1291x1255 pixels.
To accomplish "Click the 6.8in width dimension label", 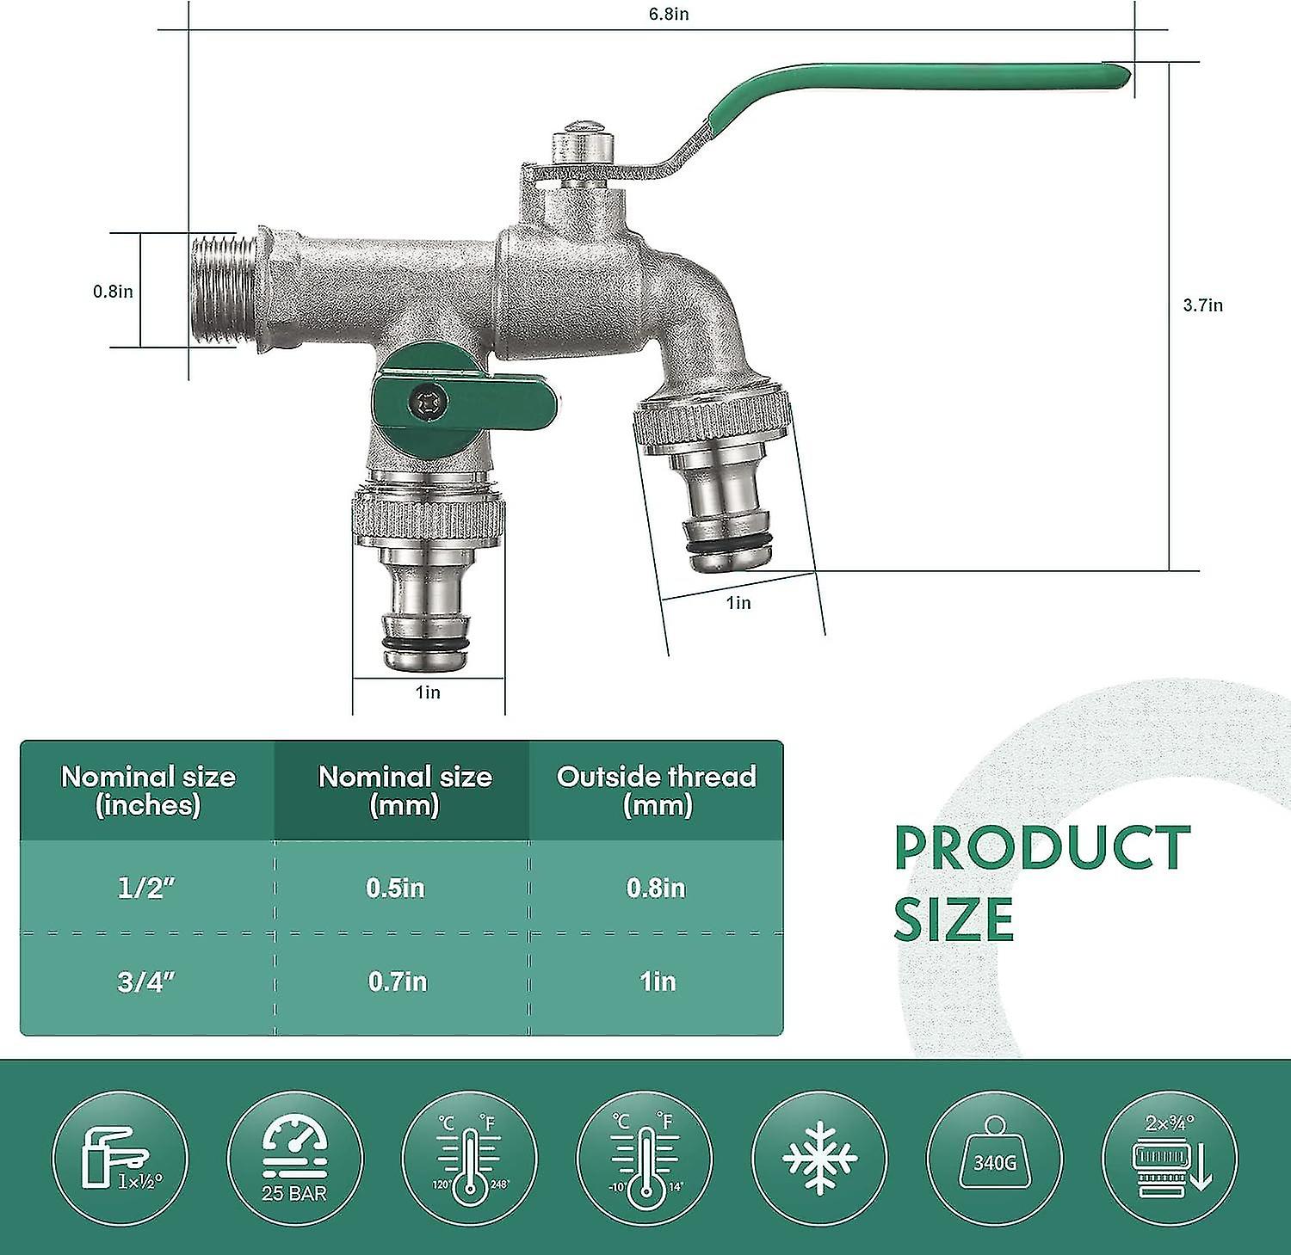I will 669,15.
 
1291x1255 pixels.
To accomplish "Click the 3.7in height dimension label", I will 1202,305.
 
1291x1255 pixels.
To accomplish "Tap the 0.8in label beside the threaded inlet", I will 113,292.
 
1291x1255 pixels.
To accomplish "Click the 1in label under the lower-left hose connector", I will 428,692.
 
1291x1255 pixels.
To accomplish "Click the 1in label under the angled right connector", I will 738,603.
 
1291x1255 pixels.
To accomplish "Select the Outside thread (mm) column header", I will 657,790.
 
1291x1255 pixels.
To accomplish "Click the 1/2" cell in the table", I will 146,887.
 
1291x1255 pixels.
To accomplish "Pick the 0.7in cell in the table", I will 398,981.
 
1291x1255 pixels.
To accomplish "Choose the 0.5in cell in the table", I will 396,887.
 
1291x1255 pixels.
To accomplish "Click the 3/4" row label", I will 146,981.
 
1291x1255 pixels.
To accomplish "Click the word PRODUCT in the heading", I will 1042,847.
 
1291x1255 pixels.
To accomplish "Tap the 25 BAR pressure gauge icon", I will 294,1157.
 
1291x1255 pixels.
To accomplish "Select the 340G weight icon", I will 994,1157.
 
